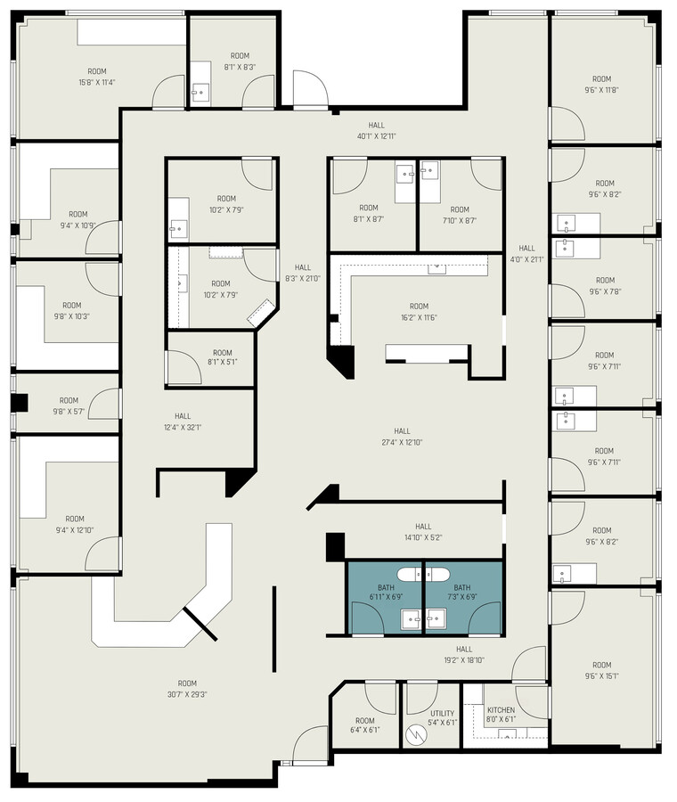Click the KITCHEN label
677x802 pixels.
501,710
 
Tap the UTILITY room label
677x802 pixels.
442,713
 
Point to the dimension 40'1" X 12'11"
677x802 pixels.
376,136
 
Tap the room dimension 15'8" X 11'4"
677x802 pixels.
96,82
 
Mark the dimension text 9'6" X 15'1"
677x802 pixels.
602,676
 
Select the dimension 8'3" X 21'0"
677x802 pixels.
303,278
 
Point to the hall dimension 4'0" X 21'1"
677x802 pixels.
527,259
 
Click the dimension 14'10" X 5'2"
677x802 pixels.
422,537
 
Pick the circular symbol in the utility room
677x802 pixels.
414,735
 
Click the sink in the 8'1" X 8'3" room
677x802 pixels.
200,91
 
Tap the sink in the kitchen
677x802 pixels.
509,734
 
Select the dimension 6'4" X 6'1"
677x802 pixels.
364,730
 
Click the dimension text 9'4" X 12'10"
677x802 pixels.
74,530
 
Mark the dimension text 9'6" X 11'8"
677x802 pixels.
602,89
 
